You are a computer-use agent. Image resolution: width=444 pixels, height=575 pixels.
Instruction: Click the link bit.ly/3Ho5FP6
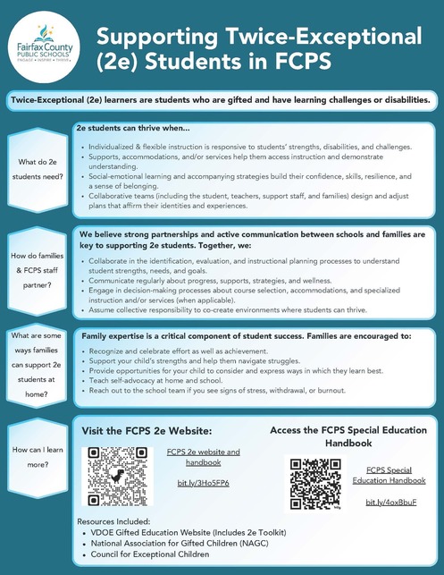click(203, 483)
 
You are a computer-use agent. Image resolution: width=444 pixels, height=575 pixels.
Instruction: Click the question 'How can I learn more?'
click(37, 458)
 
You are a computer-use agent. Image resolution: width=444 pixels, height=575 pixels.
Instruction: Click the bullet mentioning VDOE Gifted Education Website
click(188, 530)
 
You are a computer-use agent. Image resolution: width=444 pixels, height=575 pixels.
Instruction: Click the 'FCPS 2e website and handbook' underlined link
click(203, 457)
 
